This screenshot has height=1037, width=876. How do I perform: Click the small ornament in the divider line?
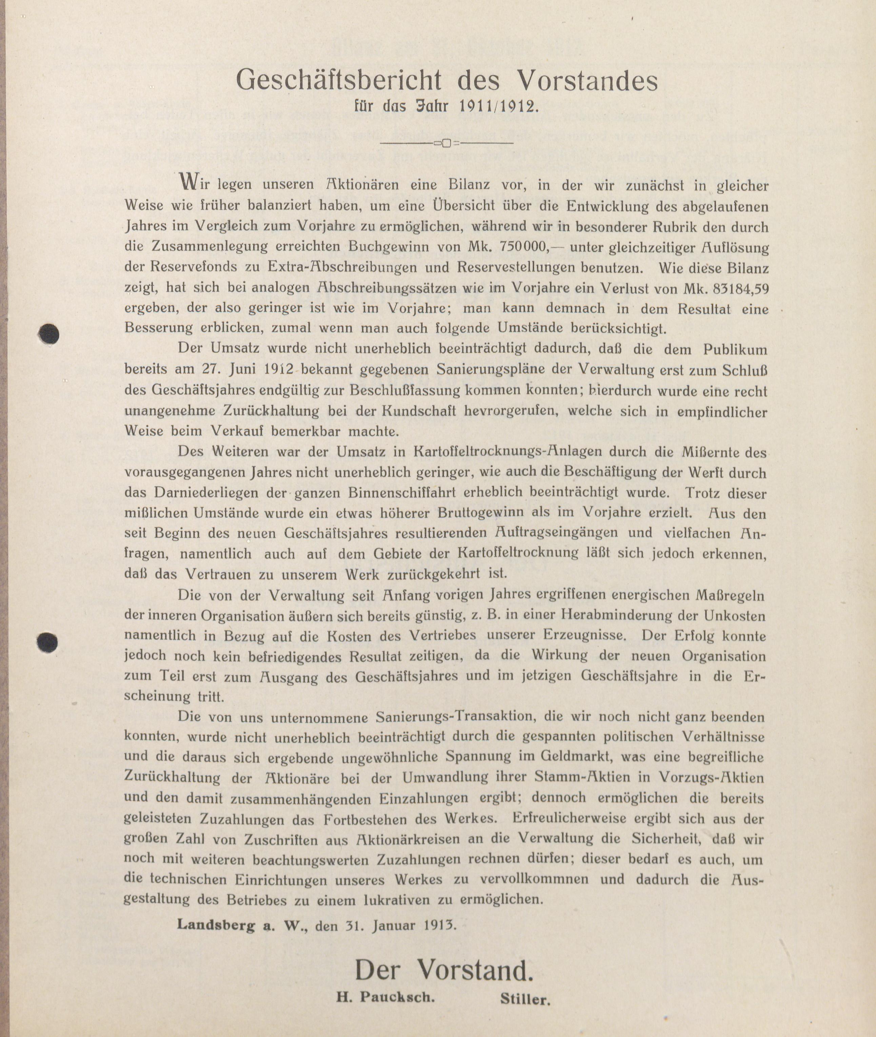445,143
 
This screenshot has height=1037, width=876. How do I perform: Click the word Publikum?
735,350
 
